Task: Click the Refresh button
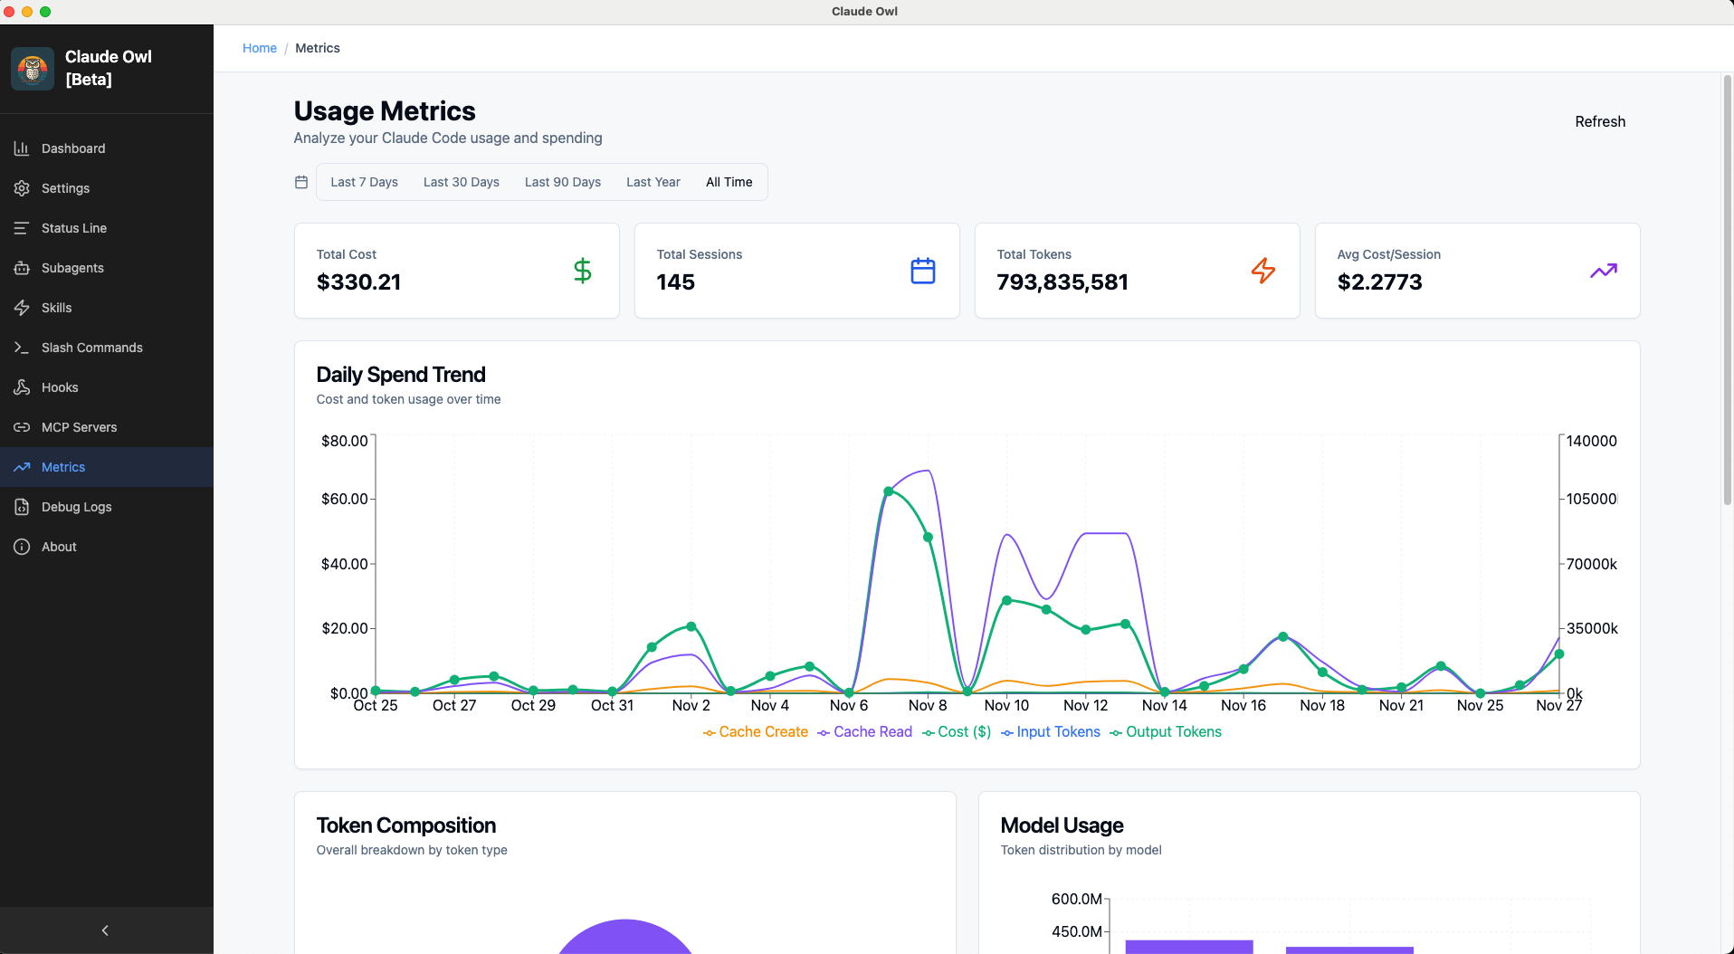pos(1599,121)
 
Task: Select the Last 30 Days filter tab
pos(461,182)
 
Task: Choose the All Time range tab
pos(729,182)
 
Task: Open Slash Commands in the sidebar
pos(91,348)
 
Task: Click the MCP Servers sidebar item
pos(79,427)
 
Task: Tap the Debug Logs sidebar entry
pos(76,507)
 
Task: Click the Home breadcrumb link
pos(260,48)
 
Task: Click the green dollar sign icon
pos(583,271)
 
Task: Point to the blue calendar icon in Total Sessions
pos(922,271)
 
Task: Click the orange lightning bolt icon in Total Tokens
pos(1262,271)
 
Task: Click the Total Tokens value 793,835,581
pos(1062,282)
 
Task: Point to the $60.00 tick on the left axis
pos(345,499)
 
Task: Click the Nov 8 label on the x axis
pos(928,705)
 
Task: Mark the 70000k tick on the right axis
pos(1591,564)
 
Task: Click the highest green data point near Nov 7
pos(889,491)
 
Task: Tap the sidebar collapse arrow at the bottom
pos(105,930)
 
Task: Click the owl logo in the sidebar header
pos(33,69)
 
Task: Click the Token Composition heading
pos(406,825)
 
